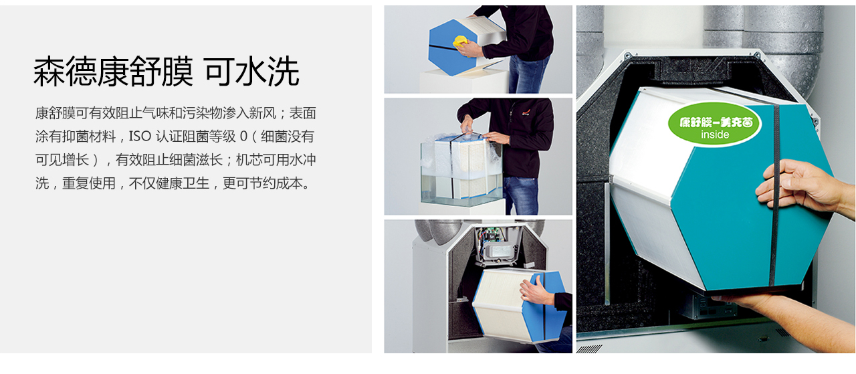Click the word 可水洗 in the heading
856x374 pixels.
[x=252, y=72]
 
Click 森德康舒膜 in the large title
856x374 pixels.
[x=113, y=72]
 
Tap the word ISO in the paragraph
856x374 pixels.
[x=140, y=136]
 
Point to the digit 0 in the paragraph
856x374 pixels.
[x=243, y=136]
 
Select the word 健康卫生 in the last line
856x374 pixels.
[x=183, y=183]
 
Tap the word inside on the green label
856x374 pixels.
[x=715, y=134]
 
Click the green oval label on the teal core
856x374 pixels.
[x=715, y=124]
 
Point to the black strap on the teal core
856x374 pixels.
[x=775, y=195]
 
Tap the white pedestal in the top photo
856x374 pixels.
[x=464, y=81]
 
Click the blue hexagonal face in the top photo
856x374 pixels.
[x=453, y=48]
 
